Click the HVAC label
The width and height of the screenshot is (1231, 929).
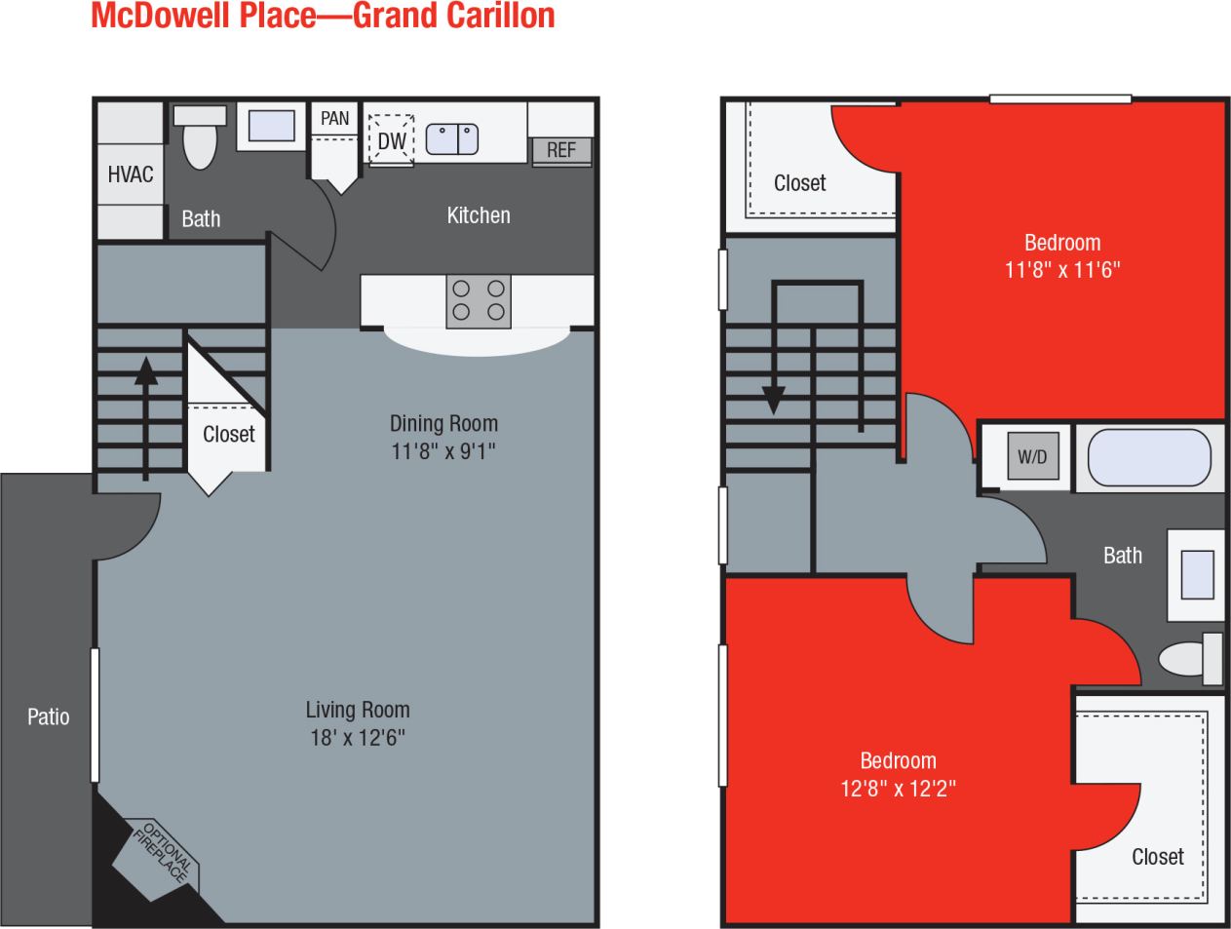click(x=131, y=174)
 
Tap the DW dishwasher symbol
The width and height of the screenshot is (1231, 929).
click(x=392, y=140)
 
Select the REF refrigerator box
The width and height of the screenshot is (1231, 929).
click(x=561, y=150)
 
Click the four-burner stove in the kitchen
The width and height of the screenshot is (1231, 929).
click(x=479, y=301)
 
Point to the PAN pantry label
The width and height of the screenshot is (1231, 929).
click(x=334, y=118)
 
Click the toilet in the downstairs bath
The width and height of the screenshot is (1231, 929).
click(x=200, y=138)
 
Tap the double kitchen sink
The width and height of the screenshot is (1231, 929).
click(x=452, y=138)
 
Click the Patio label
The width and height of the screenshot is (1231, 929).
click(x=48, y=717)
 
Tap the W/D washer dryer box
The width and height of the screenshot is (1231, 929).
click(x=1032, y=456)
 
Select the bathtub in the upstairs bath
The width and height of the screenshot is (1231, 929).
click(x=1149, y=456)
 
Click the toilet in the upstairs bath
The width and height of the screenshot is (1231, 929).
click(x=1190, y=658)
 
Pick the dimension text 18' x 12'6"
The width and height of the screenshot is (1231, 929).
click(x=358, y=738)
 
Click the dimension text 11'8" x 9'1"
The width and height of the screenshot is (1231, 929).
click(x=443, y=451)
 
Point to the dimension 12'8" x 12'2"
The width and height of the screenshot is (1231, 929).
click(x=898, y=788)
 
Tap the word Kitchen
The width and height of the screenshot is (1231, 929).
click(x=478, y=215)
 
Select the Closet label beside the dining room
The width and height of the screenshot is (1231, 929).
click(x=228, y=435)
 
